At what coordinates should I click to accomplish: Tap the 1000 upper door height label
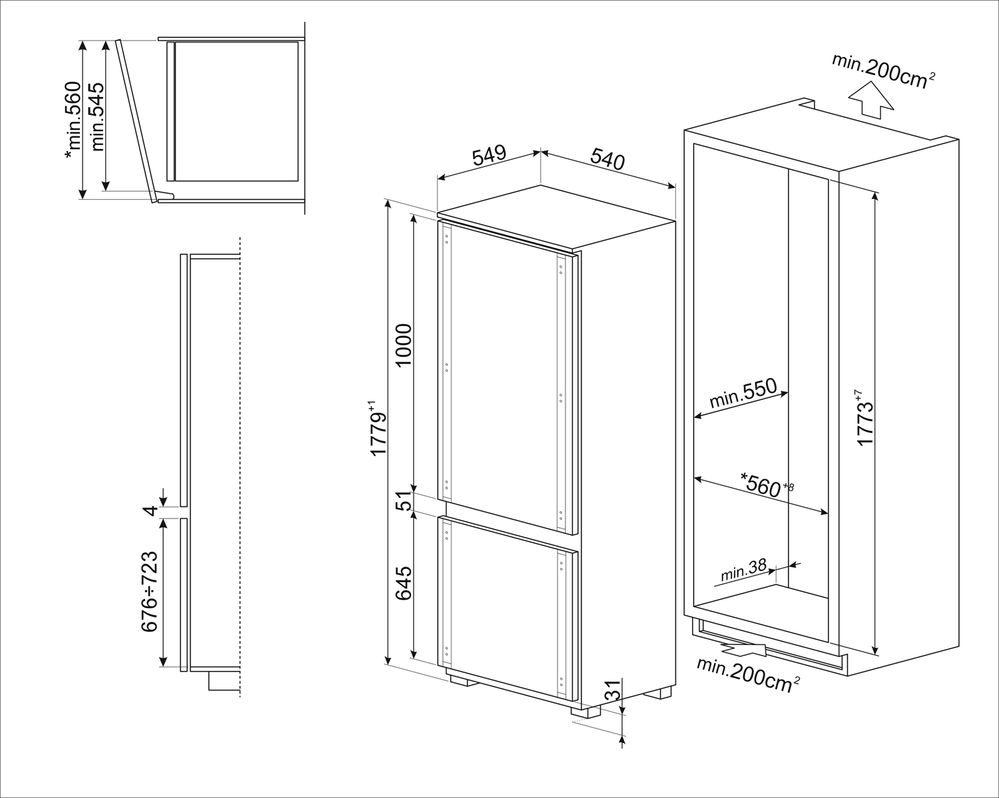[x=404, y=345]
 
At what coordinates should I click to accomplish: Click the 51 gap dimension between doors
[x=404, y=502]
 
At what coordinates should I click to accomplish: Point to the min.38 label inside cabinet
[x=743, y=572]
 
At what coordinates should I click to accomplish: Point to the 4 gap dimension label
[x=152, y=510]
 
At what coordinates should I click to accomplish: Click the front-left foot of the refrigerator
[x=462, y=680]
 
